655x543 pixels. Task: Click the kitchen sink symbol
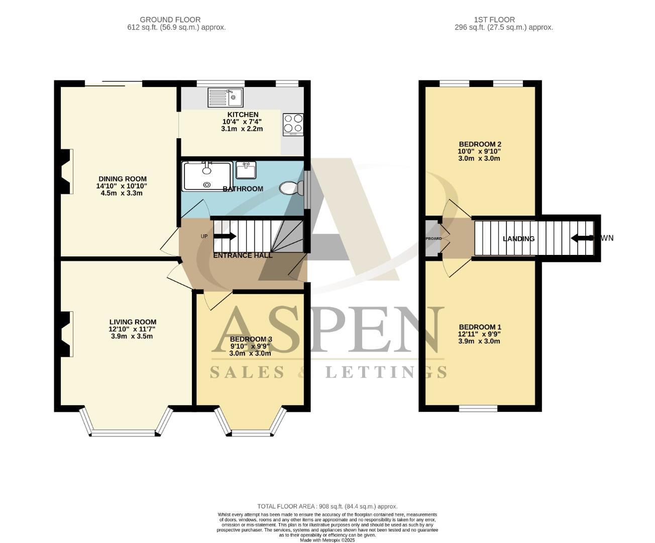tap(226, 97)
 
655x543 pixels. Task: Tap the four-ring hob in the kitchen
tap(293, 124)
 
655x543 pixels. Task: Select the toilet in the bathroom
tap(290, 188)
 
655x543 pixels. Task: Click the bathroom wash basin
tap(246, 170)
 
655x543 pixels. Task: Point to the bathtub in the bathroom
tap(207, 176)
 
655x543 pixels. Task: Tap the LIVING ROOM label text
tap(133, 322)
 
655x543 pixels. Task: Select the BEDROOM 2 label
tap(479, 144)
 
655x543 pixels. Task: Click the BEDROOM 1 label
tap(479, 327)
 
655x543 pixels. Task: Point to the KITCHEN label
tap(243, 115)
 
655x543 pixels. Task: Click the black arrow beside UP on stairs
tap(225, 236)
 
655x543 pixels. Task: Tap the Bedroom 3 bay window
tap(251, 432)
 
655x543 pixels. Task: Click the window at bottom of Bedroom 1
tap(478, 408)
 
